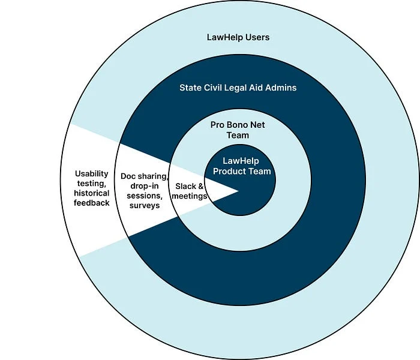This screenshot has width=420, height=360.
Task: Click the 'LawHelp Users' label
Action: click(x=238, y=37)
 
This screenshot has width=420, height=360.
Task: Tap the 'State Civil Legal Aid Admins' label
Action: click(x=238, y=88)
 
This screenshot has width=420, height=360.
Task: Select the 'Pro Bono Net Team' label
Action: click(x=238, y=130)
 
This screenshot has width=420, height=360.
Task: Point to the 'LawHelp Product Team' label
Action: click(x=247, y=166)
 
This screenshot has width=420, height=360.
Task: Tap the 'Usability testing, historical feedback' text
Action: click(x=92, y=188)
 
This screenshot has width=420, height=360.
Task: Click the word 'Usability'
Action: click(x=92, y=174)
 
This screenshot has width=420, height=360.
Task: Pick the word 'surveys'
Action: click(x=145, y=205)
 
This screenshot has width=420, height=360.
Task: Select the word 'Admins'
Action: click(x=281, y=88)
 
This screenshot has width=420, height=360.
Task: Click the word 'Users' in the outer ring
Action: click(x=257, y=37)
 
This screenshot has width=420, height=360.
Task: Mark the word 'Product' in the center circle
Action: click(x=230, y=172)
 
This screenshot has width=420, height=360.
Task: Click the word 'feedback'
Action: click(x=92, y=203)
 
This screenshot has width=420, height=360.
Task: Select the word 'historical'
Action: click(x=92, y=193)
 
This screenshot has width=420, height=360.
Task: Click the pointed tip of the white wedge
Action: click(x=238, y=191)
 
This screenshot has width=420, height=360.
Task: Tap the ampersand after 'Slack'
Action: click(x=201, y=187)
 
